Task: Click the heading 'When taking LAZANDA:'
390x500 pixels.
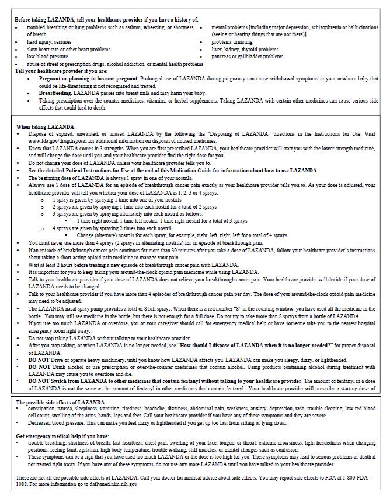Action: click(x=45, y=126)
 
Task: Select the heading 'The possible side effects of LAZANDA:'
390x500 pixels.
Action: click(x=61, y=403)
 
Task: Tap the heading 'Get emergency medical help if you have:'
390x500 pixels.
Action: click(x=62, y=436)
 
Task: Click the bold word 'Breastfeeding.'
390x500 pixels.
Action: click(x=55, y=93)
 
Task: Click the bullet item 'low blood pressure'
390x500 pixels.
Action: click(x=47, y=57)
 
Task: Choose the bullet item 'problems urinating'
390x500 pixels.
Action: click(x=232, y=42)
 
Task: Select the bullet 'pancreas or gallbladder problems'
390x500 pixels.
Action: click(x=247, y=57)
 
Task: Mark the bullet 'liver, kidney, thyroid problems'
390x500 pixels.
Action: click(x=245, y=50)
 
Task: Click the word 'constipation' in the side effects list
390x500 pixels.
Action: click(x=41, y=409)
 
